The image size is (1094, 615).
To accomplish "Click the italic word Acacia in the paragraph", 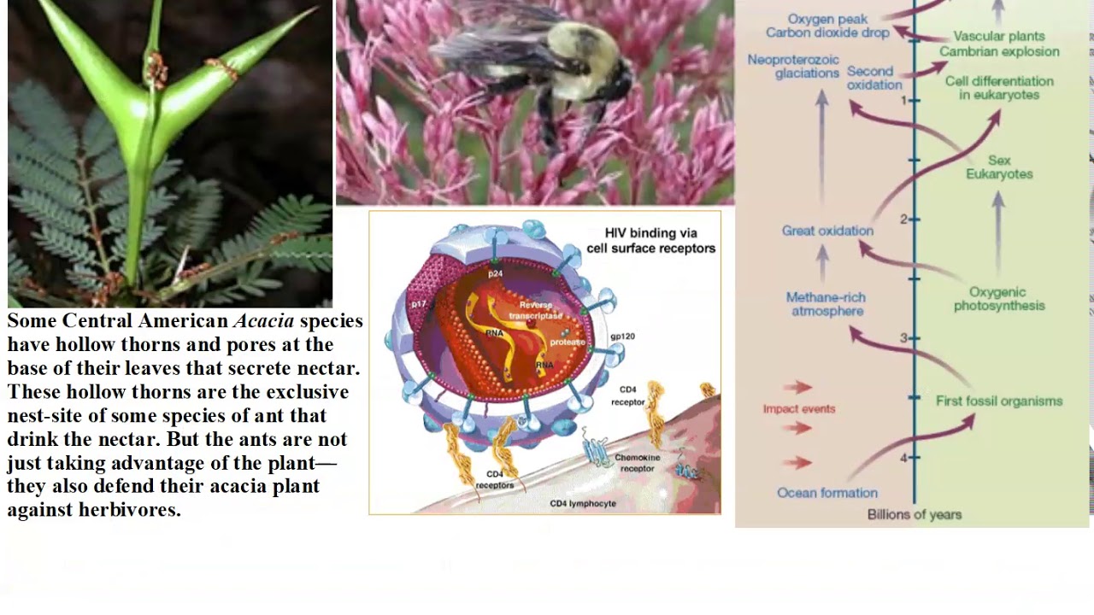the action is coord(263,321).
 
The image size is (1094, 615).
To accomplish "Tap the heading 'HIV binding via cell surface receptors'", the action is coord(650,240).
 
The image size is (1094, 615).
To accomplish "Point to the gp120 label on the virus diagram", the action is coord(622,337).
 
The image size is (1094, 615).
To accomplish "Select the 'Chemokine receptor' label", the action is coord(638,463).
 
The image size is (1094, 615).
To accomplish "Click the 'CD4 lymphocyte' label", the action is coord(583,503).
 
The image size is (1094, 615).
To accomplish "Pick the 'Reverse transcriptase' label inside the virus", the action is coord(536,309).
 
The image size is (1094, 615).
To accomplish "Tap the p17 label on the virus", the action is coord(418,304).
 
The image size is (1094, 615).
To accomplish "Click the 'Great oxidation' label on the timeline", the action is coord(827,231).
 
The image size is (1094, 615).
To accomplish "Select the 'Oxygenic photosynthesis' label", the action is coord(999,299).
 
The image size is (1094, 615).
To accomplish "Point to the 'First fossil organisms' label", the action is coord(999,401).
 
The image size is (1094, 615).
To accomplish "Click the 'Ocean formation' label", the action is coord(827,493).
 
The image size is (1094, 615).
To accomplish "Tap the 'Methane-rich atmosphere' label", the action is coord(826,304).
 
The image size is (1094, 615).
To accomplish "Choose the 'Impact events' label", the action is coord(799,408).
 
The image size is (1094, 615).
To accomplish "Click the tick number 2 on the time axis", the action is coord(903,220).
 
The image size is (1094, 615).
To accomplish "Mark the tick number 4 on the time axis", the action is coord(903,458).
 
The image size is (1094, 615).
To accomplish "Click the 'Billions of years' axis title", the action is coord(915,514).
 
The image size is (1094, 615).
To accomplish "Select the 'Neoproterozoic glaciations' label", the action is coord(793,66).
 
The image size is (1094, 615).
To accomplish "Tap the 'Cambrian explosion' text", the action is coord(999,51).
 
